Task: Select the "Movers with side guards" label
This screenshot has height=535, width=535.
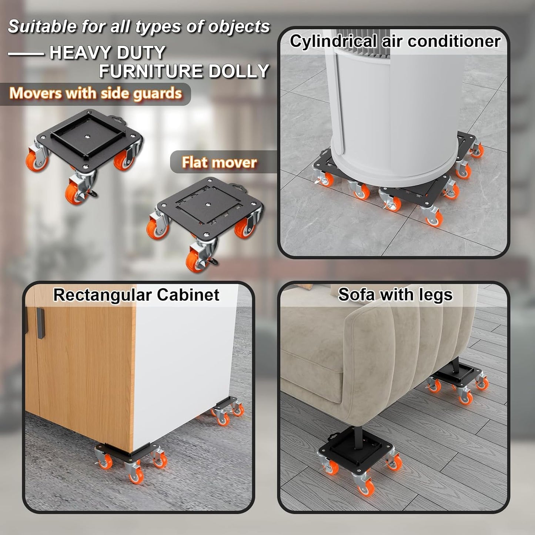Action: coord(96,93)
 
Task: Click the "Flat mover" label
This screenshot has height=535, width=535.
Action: coord(219,162)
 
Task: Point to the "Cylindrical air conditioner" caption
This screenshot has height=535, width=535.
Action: coord(395,41)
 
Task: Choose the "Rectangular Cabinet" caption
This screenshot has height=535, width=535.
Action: coord(136,295)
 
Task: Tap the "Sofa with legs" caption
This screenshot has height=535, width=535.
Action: coord(395,295)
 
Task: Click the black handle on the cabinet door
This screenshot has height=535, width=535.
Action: coord(41,323)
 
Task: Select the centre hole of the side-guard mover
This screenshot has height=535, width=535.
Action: coord(88,137)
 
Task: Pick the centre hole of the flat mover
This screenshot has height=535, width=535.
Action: coord(210,204)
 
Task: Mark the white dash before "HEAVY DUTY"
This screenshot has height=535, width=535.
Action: coord(26,54)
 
